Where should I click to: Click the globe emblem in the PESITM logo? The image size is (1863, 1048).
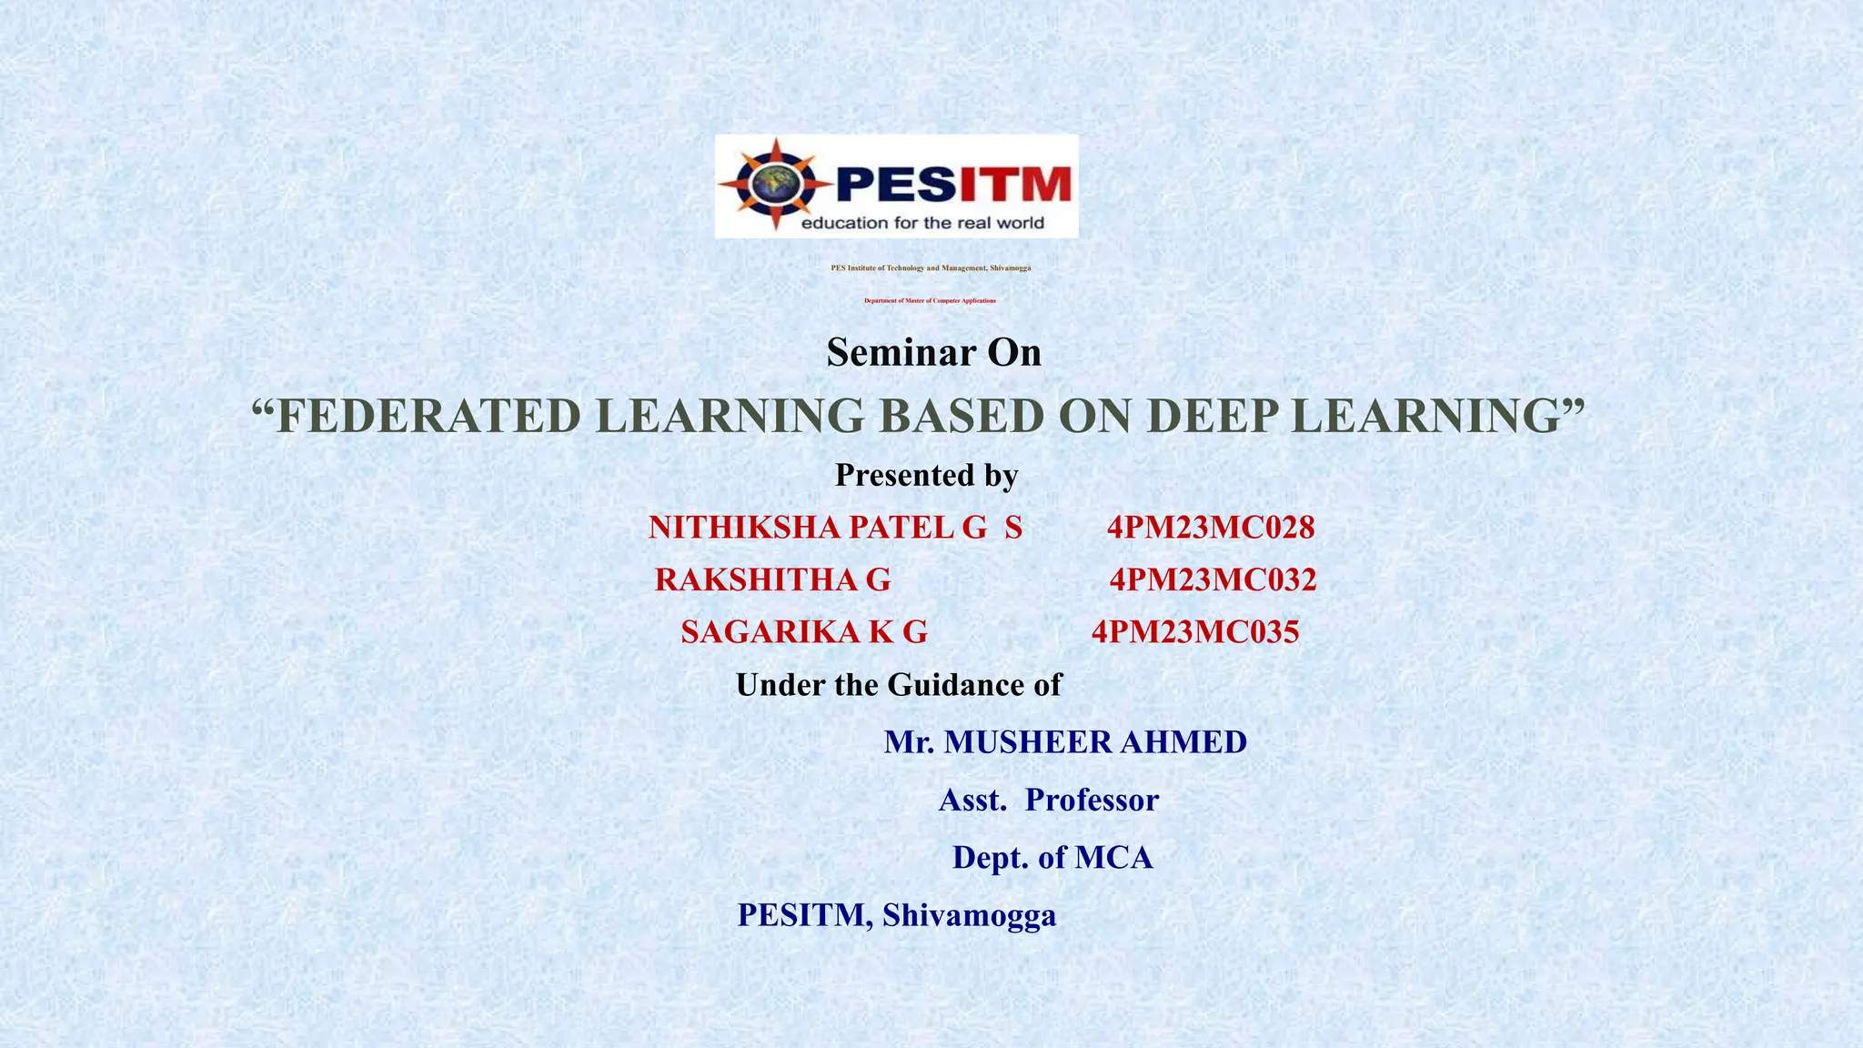coord(775,184)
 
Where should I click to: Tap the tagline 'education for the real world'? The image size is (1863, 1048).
coord(921,223)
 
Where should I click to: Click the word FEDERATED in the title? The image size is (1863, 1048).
coord(428,416)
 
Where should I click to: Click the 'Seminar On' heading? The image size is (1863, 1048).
coord(933,352)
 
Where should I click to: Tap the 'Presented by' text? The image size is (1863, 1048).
coord(926,475)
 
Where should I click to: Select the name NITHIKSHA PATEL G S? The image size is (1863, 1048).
coord(835,527)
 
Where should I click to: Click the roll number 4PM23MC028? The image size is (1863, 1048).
coord(1211,527)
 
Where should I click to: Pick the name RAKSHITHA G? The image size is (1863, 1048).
coord(772,579)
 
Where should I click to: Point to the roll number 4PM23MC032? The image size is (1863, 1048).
coord(1213,579)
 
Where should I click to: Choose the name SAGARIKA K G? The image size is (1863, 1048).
coord(804,631)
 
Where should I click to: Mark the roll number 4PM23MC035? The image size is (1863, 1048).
coord(1195,631)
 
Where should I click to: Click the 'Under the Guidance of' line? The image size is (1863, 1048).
coord(898,684)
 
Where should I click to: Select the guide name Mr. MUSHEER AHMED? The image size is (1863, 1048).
coord(1065,742)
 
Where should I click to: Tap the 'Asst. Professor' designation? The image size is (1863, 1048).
coord(1049,800)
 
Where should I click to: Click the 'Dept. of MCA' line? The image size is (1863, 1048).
coord(1052,857)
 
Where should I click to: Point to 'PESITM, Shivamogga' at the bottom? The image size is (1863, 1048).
coord(896,914)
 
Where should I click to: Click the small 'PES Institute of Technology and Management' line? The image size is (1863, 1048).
coord(931,268)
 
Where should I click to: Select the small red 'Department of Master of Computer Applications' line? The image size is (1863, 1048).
coord(930,300)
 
